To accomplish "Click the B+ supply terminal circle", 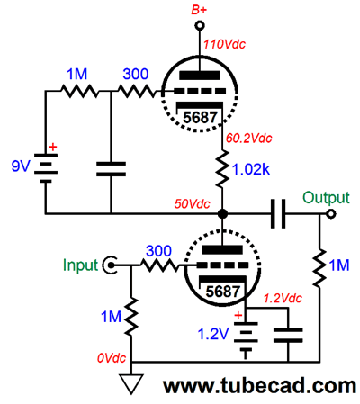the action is click(x=200, y=25).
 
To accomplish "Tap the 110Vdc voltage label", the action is click(x=224, y=44).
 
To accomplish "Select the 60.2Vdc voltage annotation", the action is click(x=248, y=138).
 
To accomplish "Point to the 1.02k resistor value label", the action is click(x=251, y=170).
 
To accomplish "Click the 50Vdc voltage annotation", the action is click(x=193, y=204).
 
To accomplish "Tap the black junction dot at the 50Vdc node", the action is click(x=222, y=214).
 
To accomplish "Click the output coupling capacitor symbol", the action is click(x=278, y=214).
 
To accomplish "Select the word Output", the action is click(x=326, y=198).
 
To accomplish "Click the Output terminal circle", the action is click(x=330, y=214).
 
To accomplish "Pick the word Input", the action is click(x=80, y=265).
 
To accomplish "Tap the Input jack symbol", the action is click(x=110, y=265).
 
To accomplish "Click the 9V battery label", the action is click(x=21, y=166).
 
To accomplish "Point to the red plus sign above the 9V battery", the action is click(x=53, y=147).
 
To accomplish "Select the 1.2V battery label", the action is click(x=213, y=334).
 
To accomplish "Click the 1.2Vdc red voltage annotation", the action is click(x=283, y=298).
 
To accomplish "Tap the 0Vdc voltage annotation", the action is click(x=112, y=358).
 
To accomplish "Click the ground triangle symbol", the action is click(x=131, y=383).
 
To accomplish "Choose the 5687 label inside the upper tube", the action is click(x=200, y=117).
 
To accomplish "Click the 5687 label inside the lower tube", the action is click(x=223, y=292).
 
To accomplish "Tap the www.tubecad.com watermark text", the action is click(x=260, y=386).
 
